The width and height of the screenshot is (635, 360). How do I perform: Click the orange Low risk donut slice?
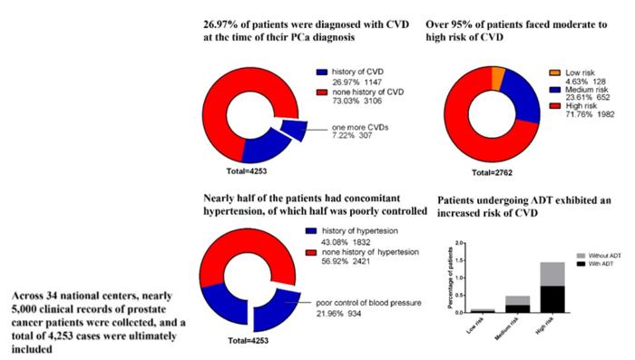497,78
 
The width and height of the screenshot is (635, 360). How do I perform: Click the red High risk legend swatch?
553,115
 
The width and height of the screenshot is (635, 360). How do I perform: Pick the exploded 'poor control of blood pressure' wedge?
272,308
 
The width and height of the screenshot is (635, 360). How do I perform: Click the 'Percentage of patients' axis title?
433,277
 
